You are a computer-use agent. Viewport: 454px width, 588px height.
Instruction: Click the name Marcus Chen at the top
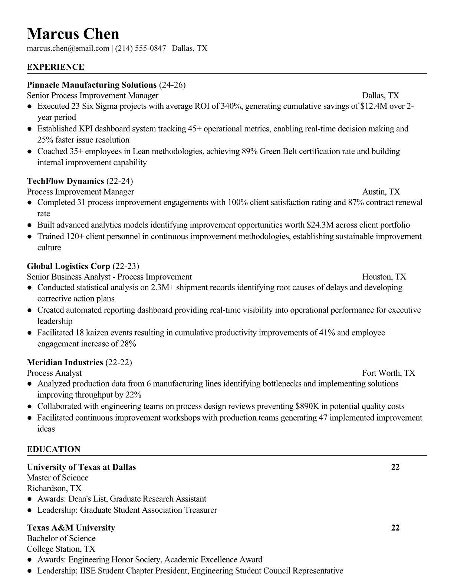click(x=73, y=34)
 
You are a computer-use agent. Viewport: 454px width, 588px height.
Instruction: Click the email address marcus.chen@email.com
click(x=68, y=48)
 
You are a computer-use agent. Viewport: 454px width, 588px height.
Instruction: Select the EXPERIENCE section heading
click(x=56, y=67)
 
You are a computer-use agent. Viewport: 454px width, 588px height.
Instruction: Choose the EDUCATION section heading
click(x=53, y=449)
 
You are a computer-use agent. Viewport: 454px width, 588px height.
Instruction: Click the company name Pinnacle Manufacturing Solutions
click(x=92, y=85)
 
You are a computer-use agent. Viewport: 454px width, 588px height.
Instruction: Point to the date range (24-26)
click(x=172, y=85)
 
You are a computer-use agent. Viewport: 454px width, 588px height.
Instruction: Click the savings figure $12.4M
click(x=374, y=107)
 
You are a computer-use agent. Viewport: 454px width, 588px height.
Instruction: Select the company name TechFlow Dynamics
click(x=65, y=181)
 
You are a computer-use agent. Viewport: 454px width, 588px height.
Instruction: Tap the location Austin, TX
click(x=381, y=192)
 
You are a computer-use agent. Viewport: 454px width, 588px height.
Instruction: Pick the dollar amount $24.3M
click(x=322, y=225)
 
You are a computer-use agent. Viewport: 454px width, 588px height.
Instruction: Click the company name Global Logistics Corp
click(x=69, y=266)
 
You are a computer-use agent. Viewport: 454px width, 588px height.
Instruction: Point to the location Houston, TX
click(x=384, y=277)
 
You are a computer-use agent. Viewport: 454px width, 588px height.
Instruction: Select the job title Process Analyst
click(x=54, y=373)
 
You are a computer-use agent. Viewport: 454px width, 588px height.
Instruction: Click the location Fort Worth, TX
click(x=388, y=373)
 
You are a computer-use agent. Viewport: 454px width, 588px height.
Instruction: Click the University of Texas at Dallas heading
click(x=81, y=467)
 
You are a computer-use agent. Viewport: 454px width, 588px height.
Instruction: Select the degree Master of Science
click(x=57, y=478)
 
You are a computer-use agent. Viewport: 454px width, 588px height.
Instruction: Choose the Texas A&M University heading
click(x=71, y=528)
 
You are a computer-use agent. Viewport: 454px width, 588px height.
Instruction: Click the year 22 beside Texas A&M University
click(x=395, y=528)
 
